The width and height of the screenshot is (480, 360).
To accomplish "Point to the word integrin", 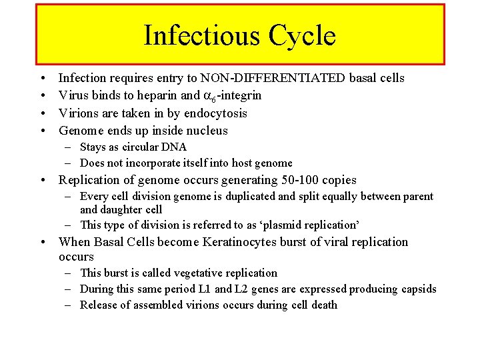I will click(x=239, y=95).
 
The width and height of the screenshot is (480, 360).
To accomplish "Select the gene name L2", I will click(x=243, y=289).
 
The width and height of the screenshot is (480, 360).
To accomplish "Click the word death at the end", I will click(x=324, y=305).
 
